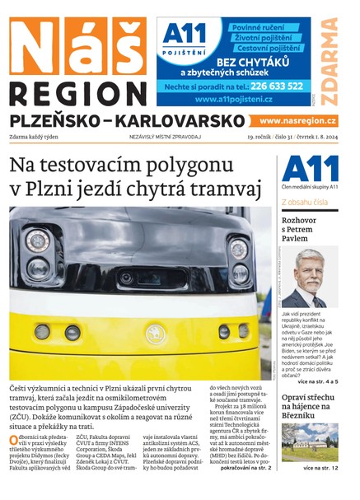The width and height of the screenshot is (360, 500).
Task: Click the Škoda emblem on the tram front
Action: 154,334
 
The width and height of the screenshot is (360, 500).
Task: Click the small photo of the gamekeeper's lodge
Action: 310,442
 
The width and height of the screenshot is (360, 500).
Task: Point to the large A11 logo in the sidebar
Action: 311,169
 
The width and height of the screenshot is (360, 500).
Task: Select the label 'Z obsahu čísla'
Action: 306,202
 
